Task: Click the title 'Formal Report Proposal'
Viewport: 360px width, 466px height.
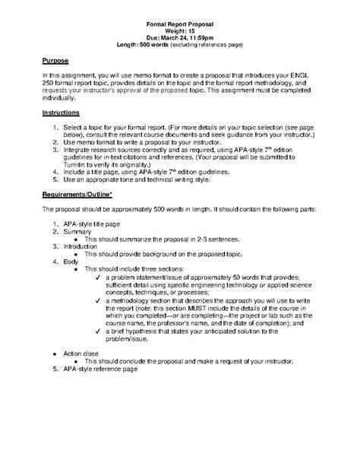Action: pyautogui.click(x=180, y=24)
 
